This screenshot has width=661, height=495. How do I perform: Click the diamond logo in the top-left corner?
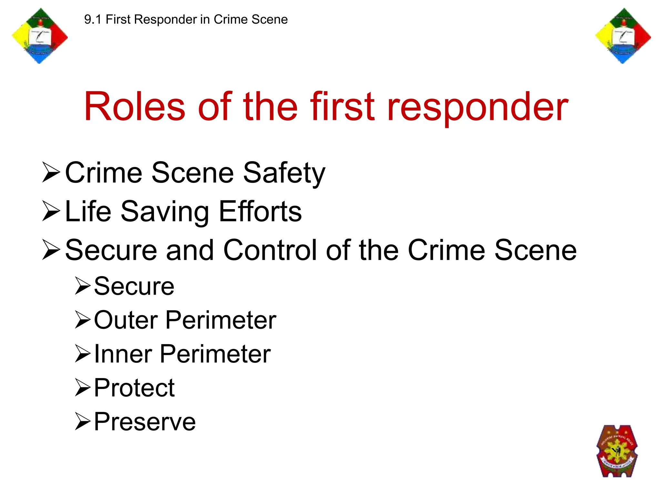(x=40, y=36)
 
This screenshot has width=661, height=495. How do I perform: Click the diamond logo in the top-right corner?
(x=623, y=36)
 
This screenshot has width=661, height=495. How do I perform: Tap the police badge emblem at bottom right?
(x=617, y=451)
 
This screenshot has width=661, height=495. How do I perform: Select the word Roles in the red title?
(x=135, y=107)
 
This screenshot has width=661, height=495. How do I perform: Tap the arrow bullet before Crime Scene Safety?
(x=51, y=173)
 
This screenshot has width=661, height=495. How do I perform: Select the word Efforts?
(x=260, y=211)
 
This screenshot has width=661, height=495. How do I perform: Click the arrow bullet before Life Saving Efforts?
(x=51, y=211)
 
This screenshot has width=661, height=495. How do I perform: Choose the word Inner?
(x=123, y=354)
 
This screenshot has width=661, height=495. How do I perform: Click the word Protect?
(x=134, y=388)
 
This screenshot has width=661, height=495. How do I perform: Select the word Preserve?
(x=145, y=422)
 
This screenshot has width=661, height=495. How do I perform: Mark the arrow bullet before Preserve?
(x=83, y=421)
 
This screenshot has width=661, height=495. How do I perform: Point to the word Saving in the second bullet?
(x=165, y=212)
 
